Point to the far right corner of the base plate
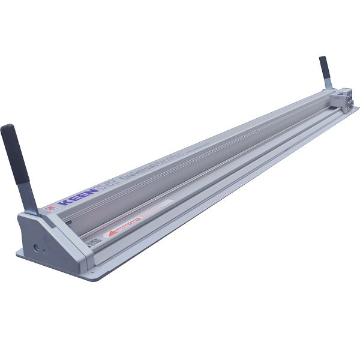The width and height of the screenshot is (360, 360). click(x=358, y=108)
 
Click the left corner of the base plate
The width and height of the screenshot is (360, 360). click(x=17, y=253)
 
